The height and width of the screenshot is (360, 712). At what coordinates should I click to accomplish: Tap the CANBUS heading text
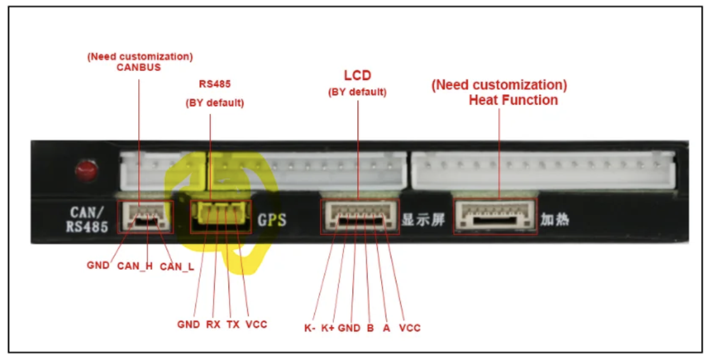point(139,67)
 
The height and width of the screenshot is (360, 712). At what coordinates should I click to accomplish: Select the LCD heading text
point(357,75)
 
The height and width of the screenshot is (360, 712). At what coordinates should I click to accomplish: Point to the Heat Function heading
point(513,100)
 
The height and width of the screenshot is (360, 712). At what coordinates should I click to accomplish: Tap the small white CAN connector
point(145,215)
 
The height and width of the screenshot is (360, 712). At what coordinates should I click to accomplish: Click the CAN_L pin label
point(177,266)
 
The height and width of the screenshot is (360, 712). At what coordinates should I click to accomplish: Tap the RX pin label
point(213,325)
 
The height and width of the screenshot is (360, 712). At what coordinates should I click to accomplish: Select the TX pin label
point(233,325)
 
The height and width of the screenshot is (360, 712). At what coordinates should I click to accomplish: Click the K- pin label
point(310,328)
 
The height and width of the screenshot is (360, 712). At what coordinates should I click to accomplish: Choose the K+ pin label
point(328,328)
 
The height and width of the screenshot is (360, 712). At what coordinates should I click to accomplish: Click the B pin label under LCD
point(370,328)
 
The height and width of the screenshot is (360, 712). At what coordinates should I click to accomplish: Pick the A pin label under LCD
point(386,328)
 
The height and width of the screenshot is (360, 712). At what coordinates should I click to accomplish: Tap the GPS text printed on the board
point(272,219)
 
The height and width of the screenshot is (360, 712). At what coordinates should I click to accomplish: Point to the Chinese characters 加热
point(555,219)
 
